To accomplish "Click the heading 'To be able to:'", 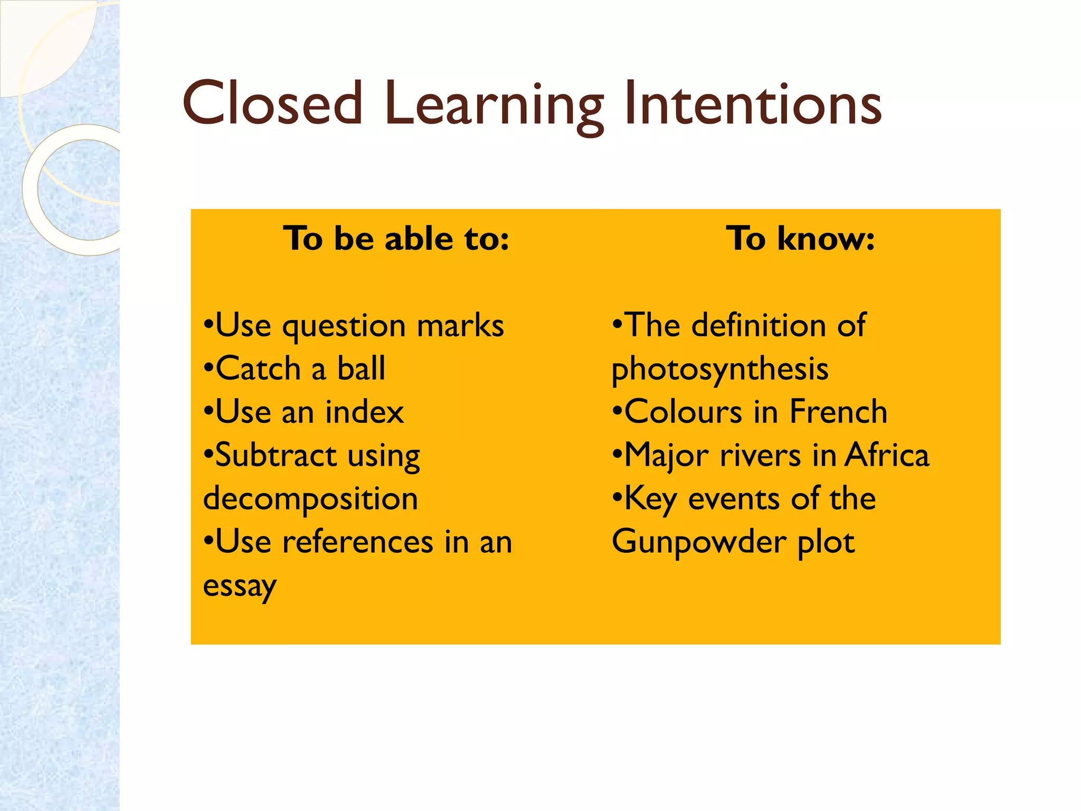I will click(396, 239).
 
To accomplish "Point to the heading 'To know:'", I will click(800, 239).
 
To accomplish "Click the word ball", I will click(361, 369).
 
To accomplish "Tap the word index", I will click(364, 412).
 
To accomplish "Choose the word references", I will click(357, 543).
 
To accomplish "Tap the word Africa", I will click(886, 455).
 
